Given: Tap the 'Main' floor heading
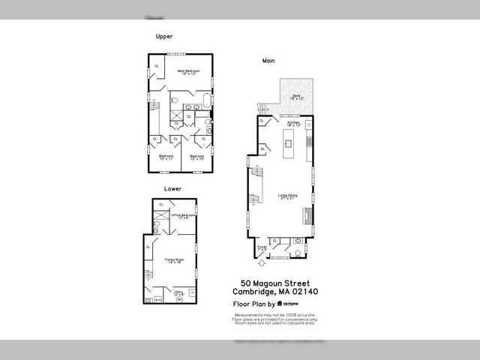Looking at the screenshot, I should (x=268, y=60).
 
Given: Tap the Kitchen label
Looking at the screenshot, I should (x=292, y=123).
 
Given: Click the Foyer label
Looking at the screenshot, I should (x=262, y=246).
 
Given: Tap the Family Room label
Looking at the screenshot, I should (x=175, y=261).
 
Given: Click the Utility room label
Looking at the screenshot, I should (x=178, y=293).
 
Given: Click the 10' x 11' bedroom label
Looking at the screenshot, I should (x=166, y=157).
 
